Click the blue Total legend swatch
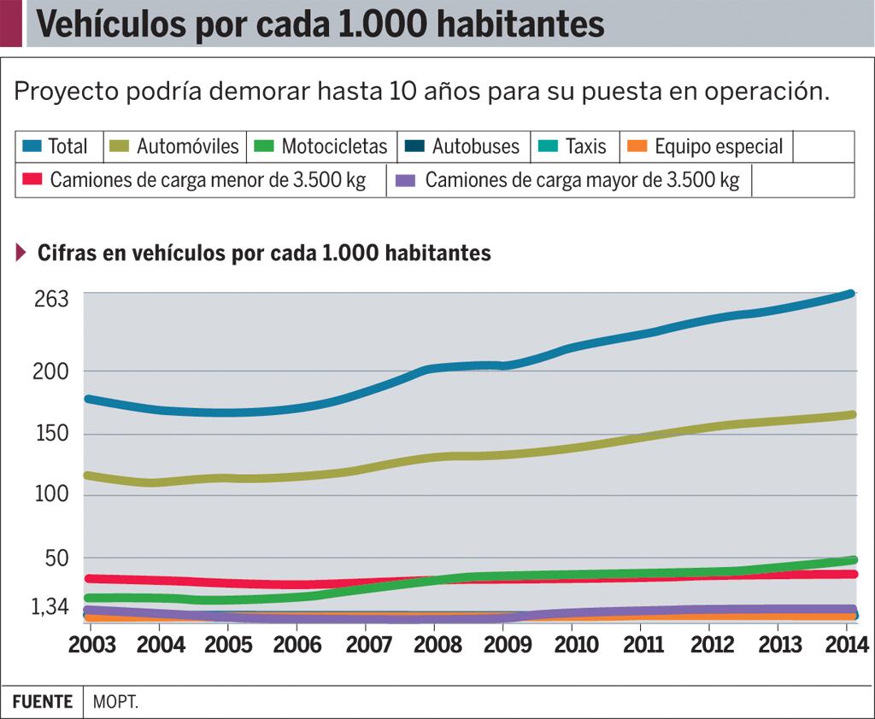coord(32,147)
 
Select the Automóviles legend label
coord(188,147)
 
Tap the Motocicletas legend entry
coord(334,147)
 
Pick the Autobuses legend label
coord(475,147)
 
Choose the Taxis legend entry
coord(585,147)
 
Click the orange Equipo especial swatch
coord(637,147)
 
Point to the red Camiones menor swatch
coord(32,180)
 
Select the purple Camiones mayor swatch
coord(408,180)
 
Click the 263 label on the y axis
coord(51,300)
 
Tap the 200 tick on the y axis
coord(51,371)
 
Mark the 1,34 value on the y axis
coord(50,607)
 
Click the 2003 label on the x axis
coord(91,644)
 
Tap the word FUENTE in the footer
coord(42,702)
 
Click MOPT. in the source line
coord(115,702)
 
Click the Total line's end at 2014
coord(849,294)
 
